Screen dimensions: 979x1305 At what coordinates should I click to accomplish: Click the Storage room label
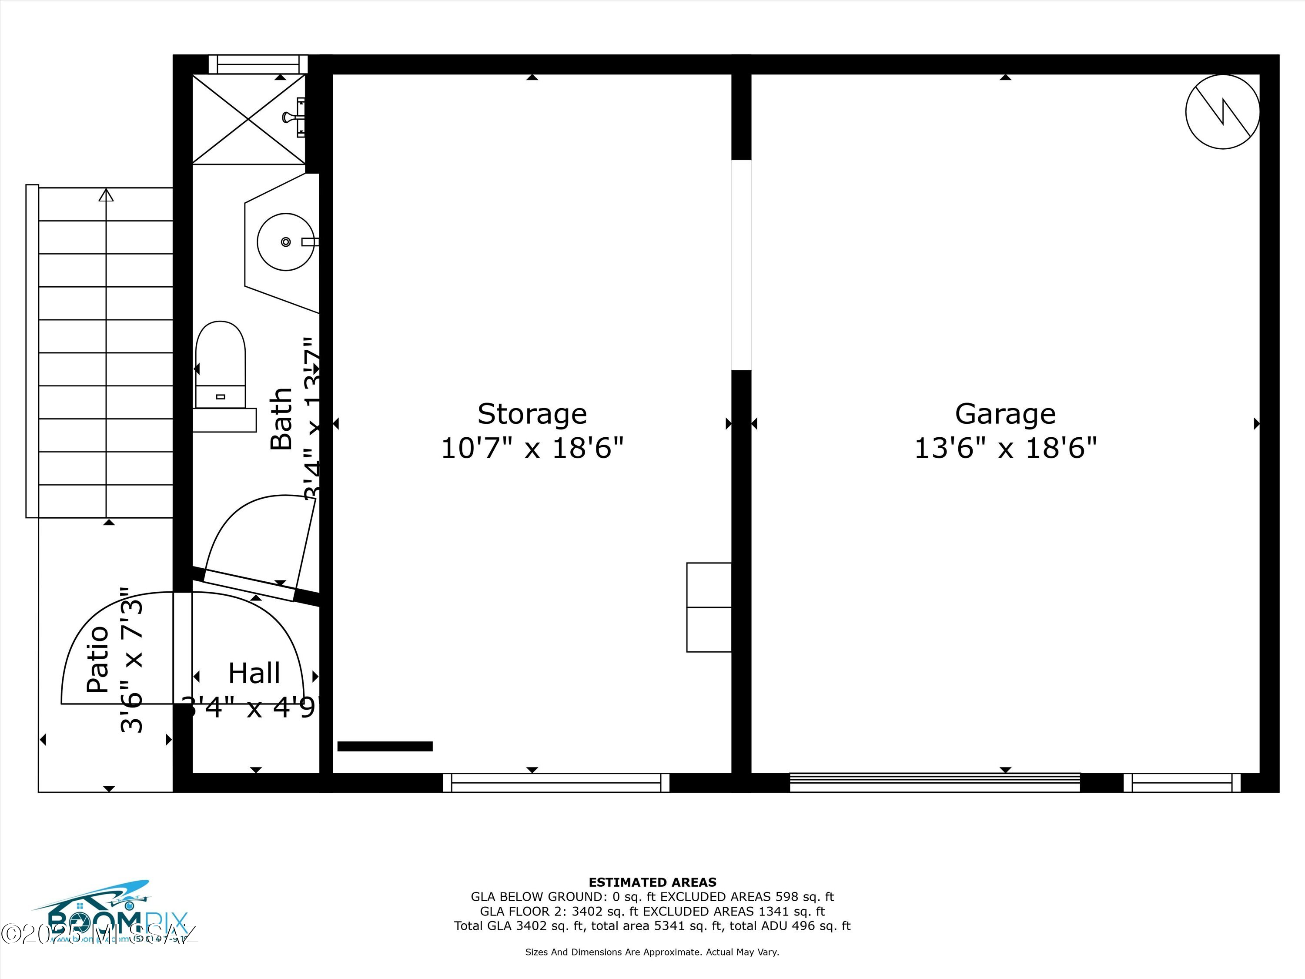pyautogui.click(x=532, y=414)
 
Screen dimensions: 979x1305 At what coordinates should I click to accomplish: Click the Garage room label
pyautogui.click(x=1005, y=414)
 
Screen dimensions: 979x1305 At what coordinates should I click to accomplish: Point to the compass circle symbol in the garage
pyautogui.click(x=1222, y=111)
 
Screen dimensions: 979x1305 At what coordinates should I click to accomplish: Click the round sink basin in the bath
pyautogui.click(x=285, y=242)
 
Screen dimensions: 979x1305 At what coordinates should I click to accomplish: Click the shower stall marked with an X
pyautogui.click(x=248, y=119)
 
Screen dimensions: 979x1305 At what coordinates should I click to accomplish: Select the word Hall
pyautogui.click(x=254, y=673)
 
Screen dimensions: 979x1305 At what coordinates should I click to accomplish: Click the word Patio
pyautogui.click(x=98, y=659)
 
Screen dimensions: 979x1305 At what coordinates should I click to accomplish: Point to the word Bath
pyautogui.click(x=281, y=419)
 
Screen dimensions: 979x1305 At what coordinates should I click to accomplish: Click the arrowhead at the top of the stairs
pyautogui.click(x=106, y=195)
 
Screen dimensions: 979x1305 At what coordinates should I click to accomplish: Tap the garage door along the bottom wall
pyautogui.click(x=934, y=782)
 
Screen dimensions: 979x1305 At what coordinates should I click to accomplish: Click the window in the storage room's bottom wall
pyautogui.click(x=556, y=782)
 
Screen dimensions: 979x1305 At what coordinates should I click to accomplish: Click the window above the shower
pyautogui.click(x=258, y=64)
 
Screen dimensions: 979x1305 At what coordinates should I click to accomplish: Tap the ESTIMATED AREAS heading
pyautogui.click(x=652, y=882)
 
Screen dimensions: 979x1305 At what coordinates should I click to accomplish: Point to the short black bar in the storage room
pyautogui.click(x=385, y=747)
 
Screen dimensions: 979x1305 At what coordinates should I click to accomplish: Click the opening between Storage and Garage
pyautogui.click(x=741, y=265)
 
